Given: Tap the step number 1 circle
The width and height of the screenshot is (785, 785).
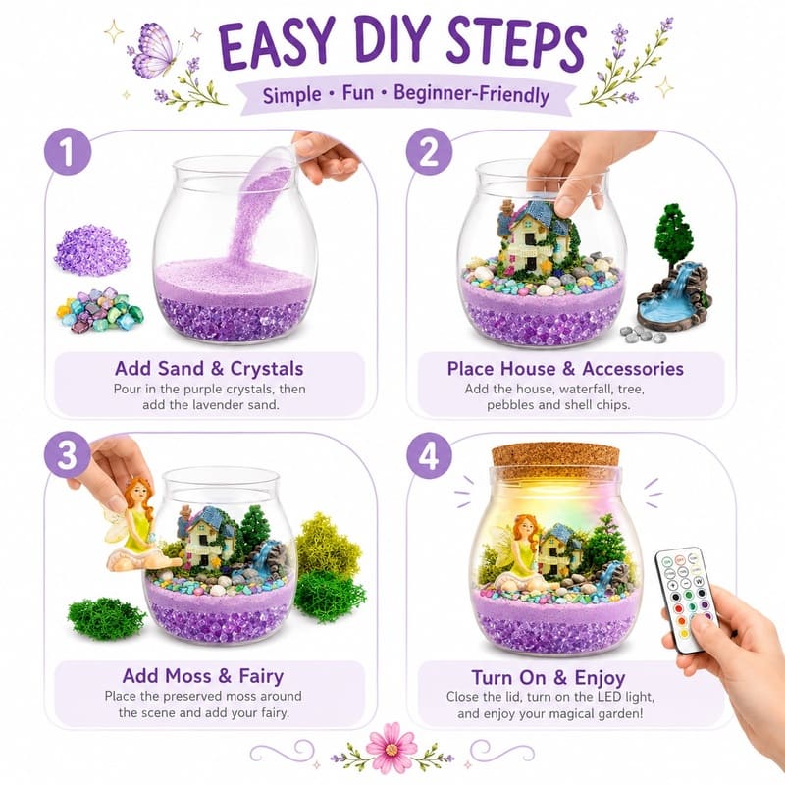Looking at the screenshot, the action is point(68,152).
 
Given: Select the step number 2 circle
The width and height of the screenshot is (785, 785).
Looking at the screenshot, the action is point(429,152).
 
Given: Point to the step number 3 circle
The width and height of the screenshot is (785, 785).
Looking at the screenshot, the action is point(68,455).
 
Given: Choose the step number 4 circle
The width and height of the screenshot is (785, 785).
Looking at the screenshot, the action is point(429,455).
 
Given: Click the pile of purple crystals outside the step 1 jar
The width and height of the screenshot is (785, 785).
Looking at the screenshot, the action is point(92,250).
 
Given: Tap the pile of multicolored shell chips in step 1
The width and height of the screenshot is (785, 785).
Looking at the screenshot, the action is point(100,309).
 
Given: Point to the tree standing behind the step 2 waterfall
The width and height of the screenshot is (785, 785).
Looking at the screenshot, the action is point(673,235).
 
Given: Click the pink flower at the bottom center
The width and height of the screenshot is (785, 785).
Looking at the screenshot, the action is point(392,749).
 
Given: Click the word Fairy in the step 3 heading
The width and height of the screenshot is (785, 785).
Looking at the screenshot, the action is point(261,676).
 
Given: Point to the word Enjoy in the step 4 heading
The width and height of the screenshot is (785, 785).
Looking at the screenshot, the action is point(600,678).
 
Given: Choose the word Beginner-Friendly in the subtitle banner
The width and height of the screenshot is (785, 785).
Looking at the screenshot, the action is point(472,94).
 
